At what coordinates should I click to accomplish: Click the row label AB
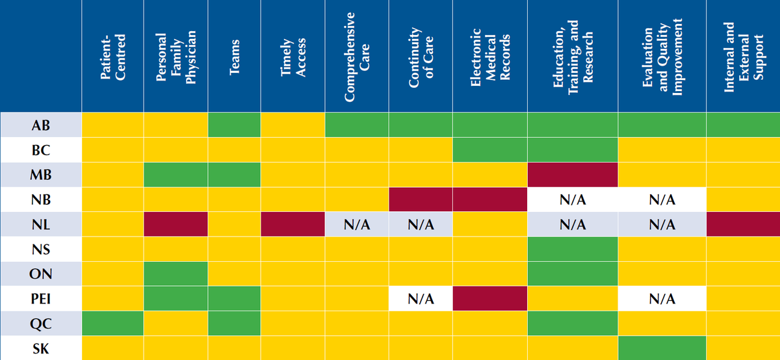click(x=40, y=125)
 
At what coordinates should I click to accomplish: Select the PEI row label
click(x=40, y=299)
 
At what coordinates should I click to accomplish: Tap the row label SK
click(x=40, y=348)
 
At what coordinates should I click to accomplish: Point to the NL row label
click(x=40, y=225)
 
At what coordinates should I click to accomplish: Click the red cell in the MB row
click(x=573, y=174)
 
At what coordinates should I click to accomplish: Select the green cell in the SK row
click(x=662, y=348)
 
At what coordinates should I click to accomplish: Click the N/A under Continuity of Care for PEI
click(x=421, y=299)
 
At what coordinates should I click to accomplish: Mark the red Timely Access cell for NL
click(x=292, y=225)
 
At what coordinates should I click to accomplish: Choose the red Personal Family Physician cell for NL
click(x=176, y=225)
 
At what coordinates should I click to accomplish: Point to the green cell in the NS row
click(x=573, y=249)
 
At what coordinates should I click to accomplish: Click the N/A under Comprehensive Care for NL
click(x=357, y=225)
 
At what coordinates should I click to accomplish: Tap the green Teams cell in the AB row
click(x=234, y=125)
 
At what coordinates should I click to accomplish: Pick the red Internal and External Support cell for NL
click(x=743, y=225)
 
